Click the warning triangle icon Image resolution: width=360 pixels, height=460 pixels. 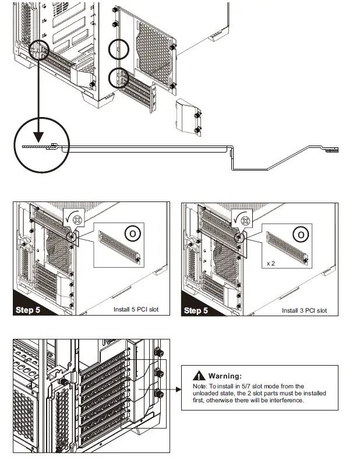(199, 376)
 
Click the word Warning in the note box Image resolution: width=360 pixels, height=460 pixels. (225, 376)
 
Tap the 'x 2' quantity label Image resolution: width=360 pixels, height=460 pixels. (271, 264)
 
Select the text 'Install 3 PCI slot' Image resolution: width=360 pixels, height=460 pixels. (304, 310)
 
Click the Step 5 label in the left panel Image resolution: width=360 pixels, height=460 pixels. (28, 310)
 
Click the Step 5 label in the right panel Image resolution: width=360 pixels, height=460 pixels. (196, 310)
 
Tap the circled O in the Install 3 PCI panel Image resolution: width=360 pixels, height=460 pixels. (301, 235)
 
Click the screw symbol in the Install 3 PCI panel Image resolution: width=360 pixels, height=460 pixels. (245, 221)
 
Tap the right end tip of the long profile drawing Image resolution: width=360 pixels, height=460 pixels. (337, 150)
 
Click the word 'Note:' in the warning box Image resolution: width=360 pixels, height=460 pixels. (200, 386)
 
